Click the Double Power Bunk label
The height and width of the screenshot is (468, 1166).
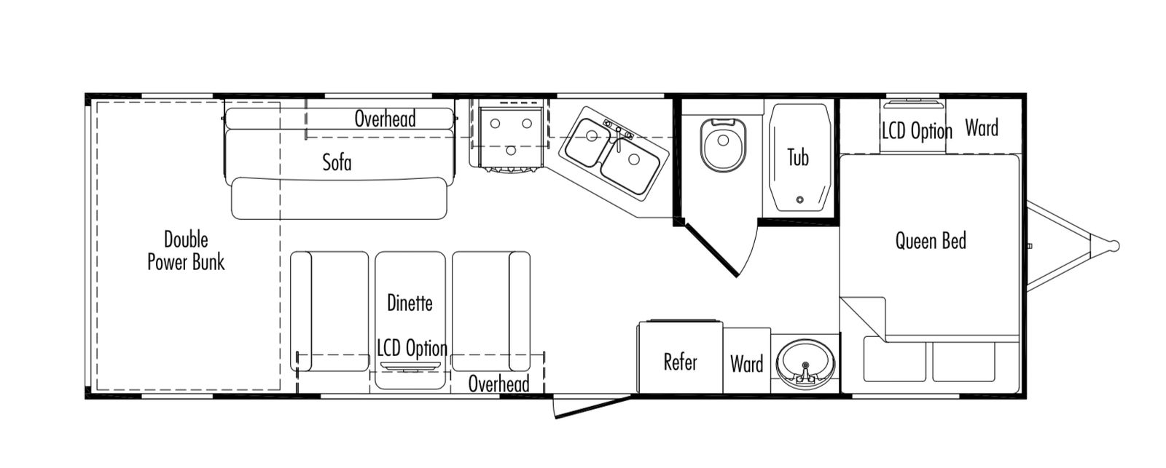(186, 250)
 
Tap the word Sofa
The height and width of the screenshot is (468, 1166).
(337, 162)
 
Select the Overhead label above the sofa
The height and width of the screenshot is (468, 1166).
(385, 119)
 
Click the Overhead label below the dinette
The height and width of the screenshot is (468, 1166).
(498, 383)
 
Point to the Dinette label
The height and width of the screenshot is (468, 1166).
(410, 303)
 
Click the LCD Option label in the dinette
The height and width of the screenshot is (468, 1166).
(412, 348)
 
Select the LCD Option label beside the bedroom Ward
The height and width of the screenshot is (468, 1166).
(917, 131)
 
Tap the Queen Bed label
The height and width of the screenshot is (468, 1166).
(931, 240)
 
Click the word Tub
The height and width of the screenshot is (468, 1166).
(798, 156)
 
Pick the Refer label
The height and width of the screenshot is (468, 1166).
(680, 362)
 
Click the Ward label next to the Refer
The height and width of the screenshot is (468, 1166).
(746, 364)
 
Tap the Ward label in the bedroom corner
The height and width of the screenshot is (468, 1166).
(981, 128)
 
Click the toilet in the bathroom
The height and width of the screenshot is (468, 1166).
(723, 143)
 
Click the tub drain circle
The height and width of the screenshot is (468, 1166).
(799, 199)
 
